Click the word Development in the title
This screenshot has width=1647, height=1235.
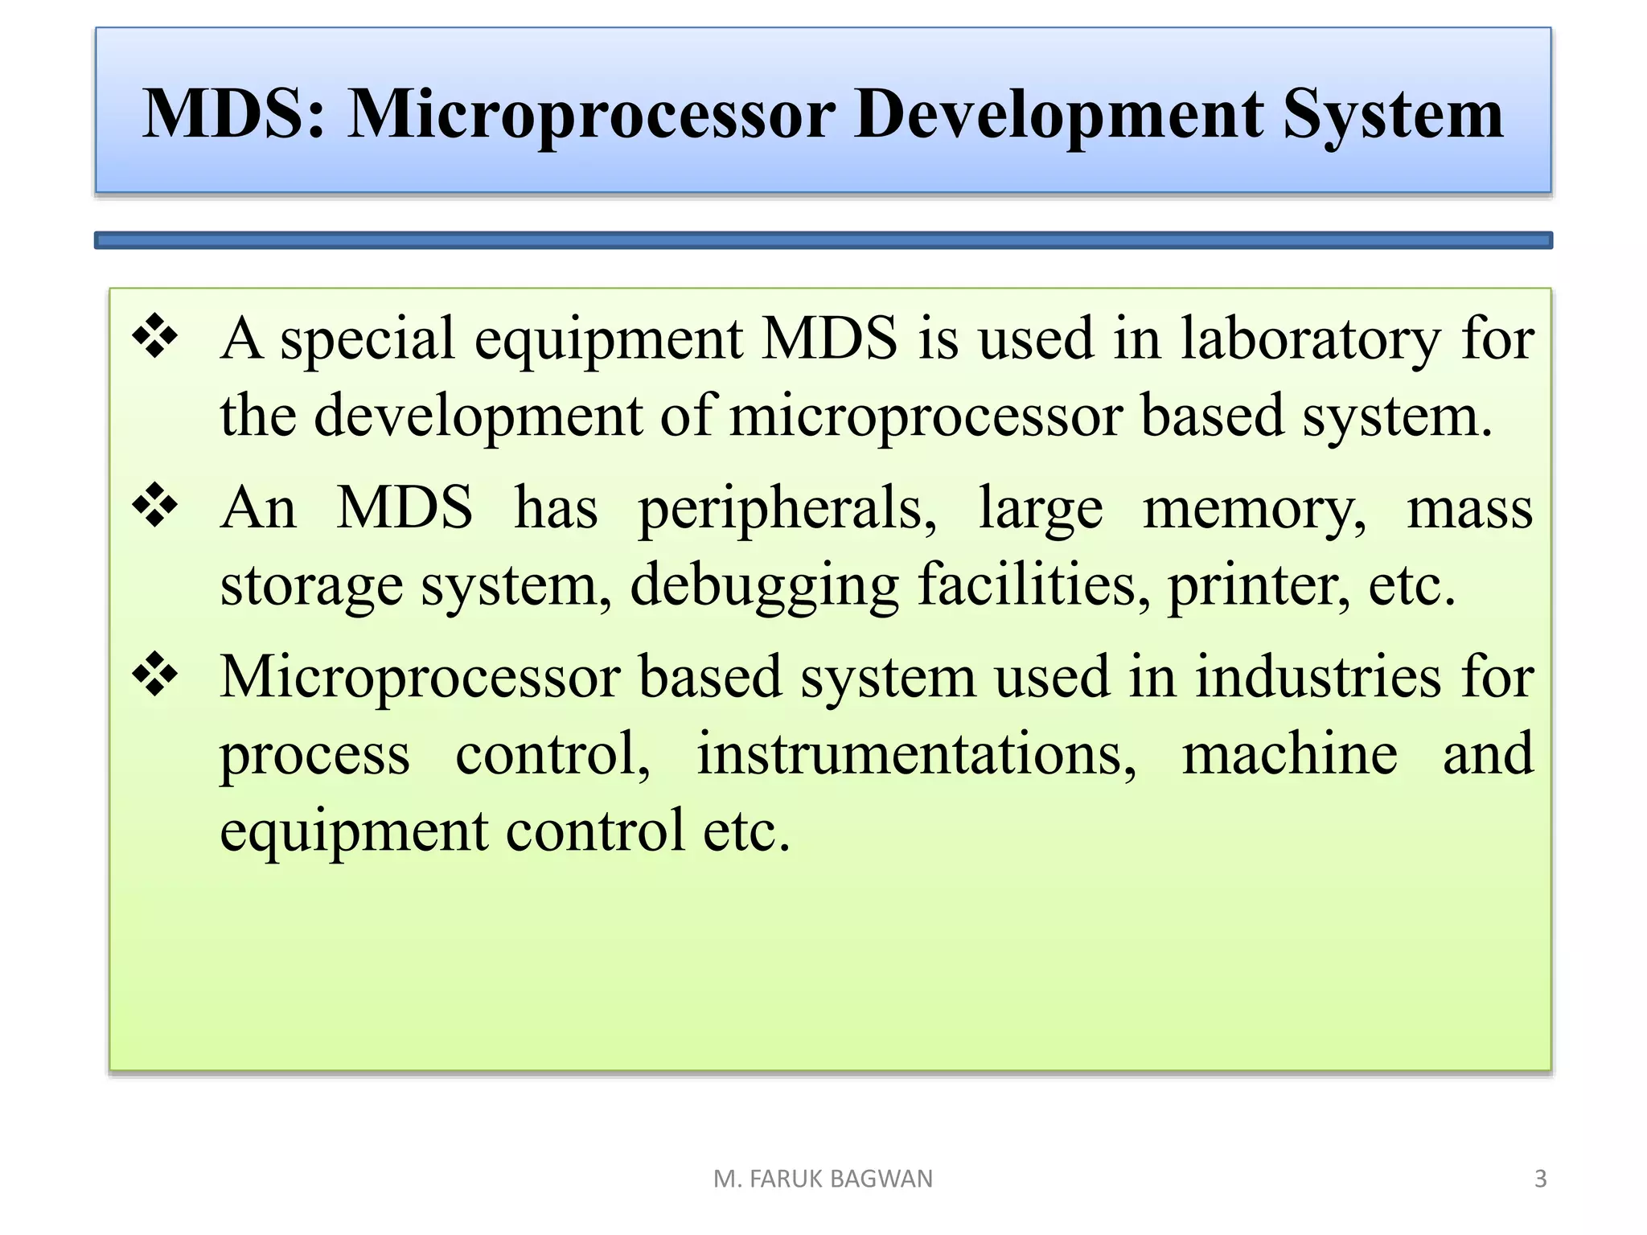pos(1058,114)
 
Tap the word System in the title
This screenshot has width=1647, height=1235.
pos(1392,114)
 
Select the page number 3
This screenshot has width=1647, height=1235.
pos(1540,1179)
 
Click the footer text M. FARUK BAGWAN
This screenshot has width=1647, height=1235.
pos(823,1179)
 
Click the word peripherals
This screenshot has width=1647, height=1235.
pos(787,509)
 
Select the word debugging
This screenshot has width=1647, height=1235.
pos(764,585)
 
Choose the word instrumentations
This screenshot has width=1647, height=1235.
pos(916,755)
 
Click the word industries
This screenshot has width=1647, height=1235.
pos(1318,677)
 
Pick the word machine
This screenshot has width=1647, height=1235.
pos(1289,755)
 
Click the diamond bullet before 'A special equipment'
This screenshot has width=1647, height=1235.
pos(155,335)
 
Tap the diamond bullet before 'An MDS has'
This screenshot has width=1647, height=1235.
pos(155,506)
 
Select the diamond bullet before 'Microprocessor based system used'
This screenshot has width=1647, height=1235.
pos(155,675)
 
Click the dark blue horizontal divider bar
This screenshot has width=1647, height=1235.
pos(823,240)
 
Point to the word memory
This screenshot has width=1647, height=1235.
pos(1254,509)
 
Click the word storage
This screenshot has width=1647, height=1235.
pos(311,586)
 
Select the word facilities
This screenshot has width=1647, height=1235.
pos(1034,585)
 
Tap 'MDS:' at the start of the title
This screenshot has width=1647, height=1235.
pos(234,114)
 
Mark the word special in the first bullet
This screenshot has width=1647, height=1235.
pos(368,339)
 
